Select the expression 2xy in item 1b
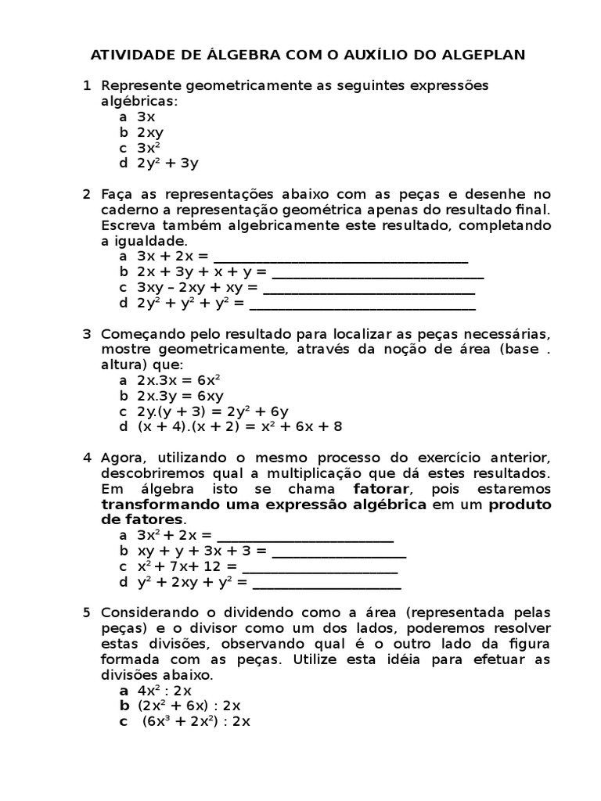[x=150, y=132]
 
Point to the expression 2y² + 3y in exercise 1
[x=167, y=163]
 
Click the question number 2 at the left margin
[x=87, y=194]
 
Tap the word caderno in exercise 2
[x=129, y=210]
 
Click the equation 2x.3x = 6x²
[x=178, y=380]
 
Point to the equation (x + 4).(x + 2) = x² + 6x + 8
[x=239, y=426]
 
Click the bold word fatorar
[x=382, y=488]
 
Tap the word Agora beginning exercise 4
[x=122, y=458]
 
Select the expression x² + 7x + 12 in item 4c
[x=187, y=566]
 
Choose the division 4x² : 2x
[x=164, y=691]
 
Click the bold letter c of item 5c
[x=123, y=722]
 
